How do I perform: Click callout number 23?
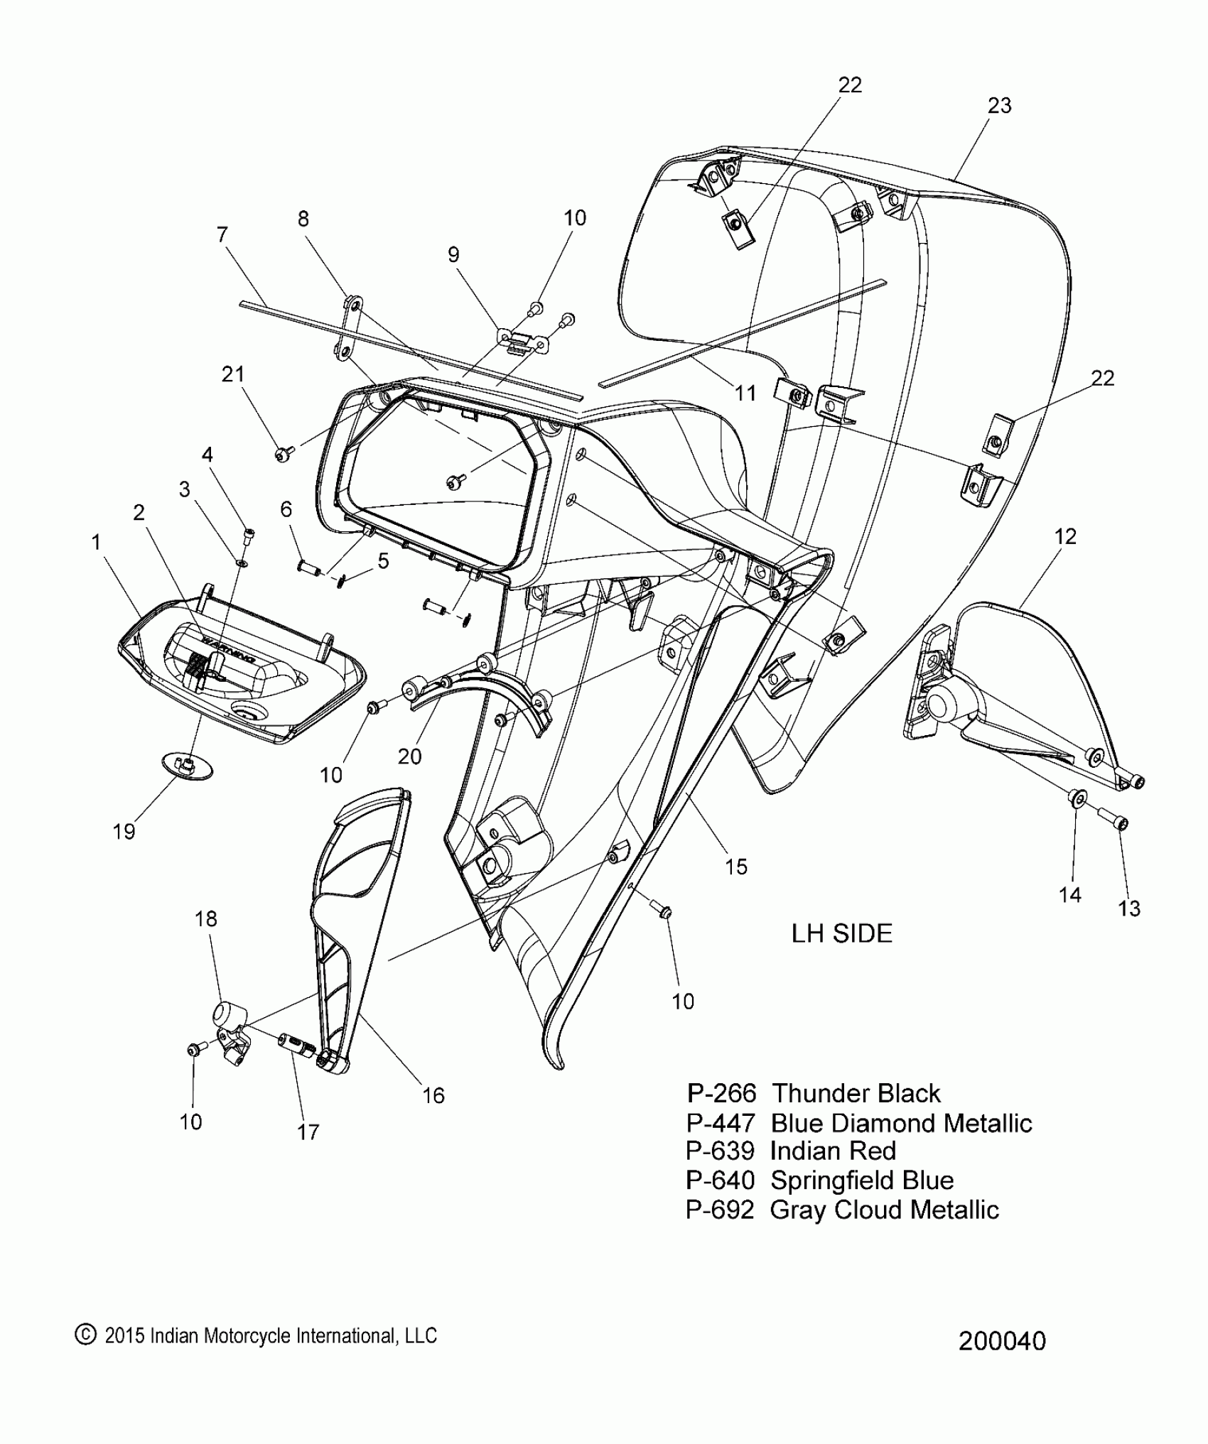(999, 105)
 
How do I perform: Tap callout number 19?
(124, 831)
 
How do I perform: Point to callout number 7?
(222, 234)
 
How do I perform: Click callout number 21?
(233, 374)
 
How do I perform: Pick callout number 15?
(736, 866)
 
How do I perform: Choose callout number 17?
(308, 1131)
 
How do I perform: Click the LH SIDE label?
(841, 933)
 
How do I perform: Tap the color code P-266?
(721, 1092)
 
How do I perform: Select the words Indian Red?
(833, 1150)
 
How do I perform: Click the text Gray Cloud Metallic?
(884, 1209)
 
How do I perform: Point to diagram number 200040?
(1002, 1341)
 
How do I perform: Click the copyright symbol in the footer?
(85, 1335)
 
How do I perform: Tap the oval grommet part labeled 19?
(187, 766)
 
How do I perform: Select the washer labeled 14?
(1077, 798)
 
